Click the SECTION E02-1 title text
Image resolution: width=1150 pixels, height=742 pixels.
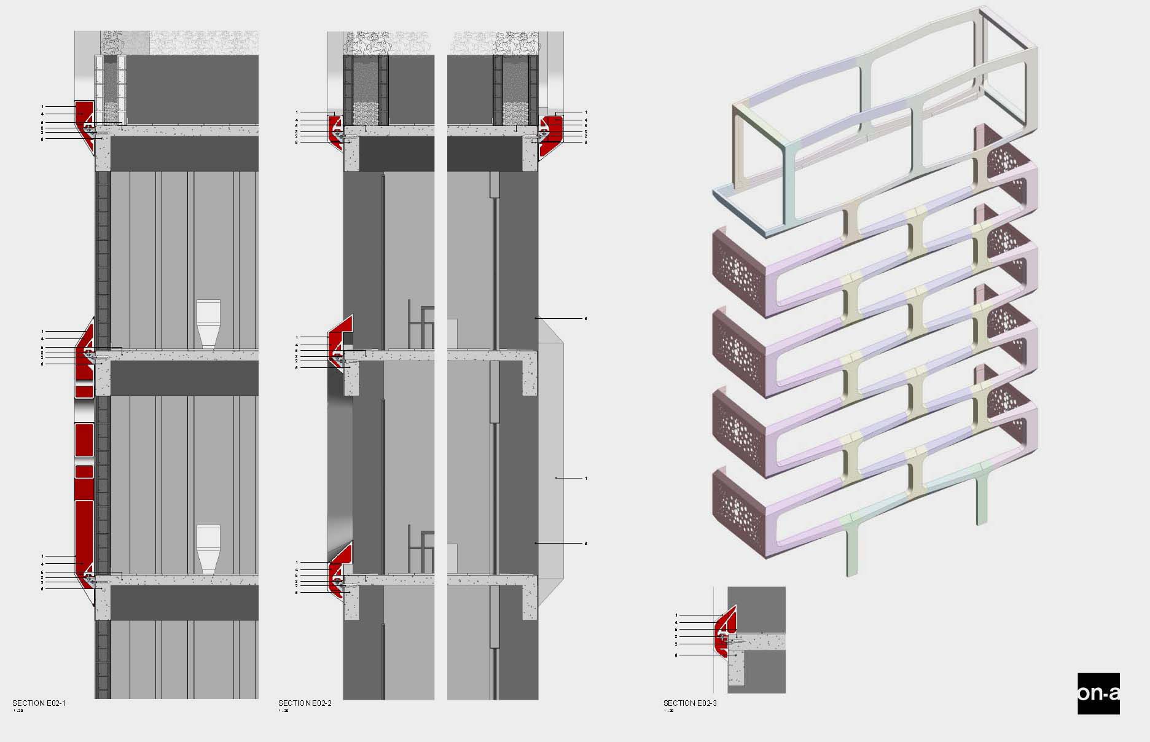click(39, 703)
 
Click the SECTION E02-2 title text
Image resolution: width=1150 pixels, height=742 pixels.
click(305, 703)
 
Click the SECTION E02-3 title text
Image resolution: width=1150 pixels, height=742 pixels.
click(690, 703)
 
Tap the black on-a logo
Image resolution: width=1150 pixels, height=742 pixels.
click(1098, 693)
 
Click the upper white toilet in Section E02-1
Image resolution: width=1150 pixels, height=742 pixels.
click(208, 323)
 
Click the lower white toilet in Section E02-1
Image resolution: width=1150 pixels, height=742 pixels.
click(208, 548)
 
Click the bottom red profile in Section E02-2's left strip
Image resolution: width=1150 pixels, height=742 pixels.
click(338, 568)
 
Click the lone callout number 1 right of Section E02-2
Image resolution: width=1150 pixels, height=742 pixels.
click(585, 478)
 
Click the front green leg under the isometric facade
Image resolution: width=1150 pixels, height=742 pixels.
click(851, 547)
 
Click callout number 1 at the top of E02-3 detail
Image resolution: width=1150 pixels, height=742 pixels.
click(676, 615)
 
